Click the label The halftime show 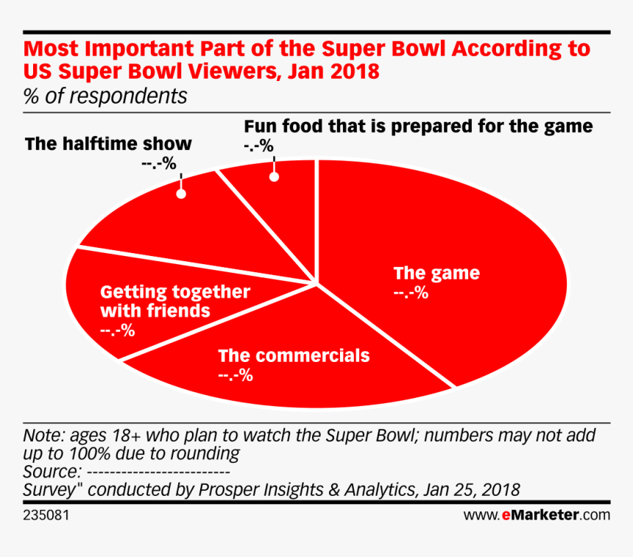coord(108,143)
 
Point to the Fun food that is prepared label coord(418,126)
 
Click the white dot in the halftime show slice coord(180,194)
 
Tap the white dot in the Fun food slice coord(275,177)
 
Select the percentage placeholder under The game coord(411,293)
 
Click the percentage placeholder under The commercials coord(236,375)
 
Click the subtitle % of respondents coord(105,96)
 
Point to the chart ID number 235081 coord(47,514)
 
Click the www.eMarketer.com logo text coord(537,514)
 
